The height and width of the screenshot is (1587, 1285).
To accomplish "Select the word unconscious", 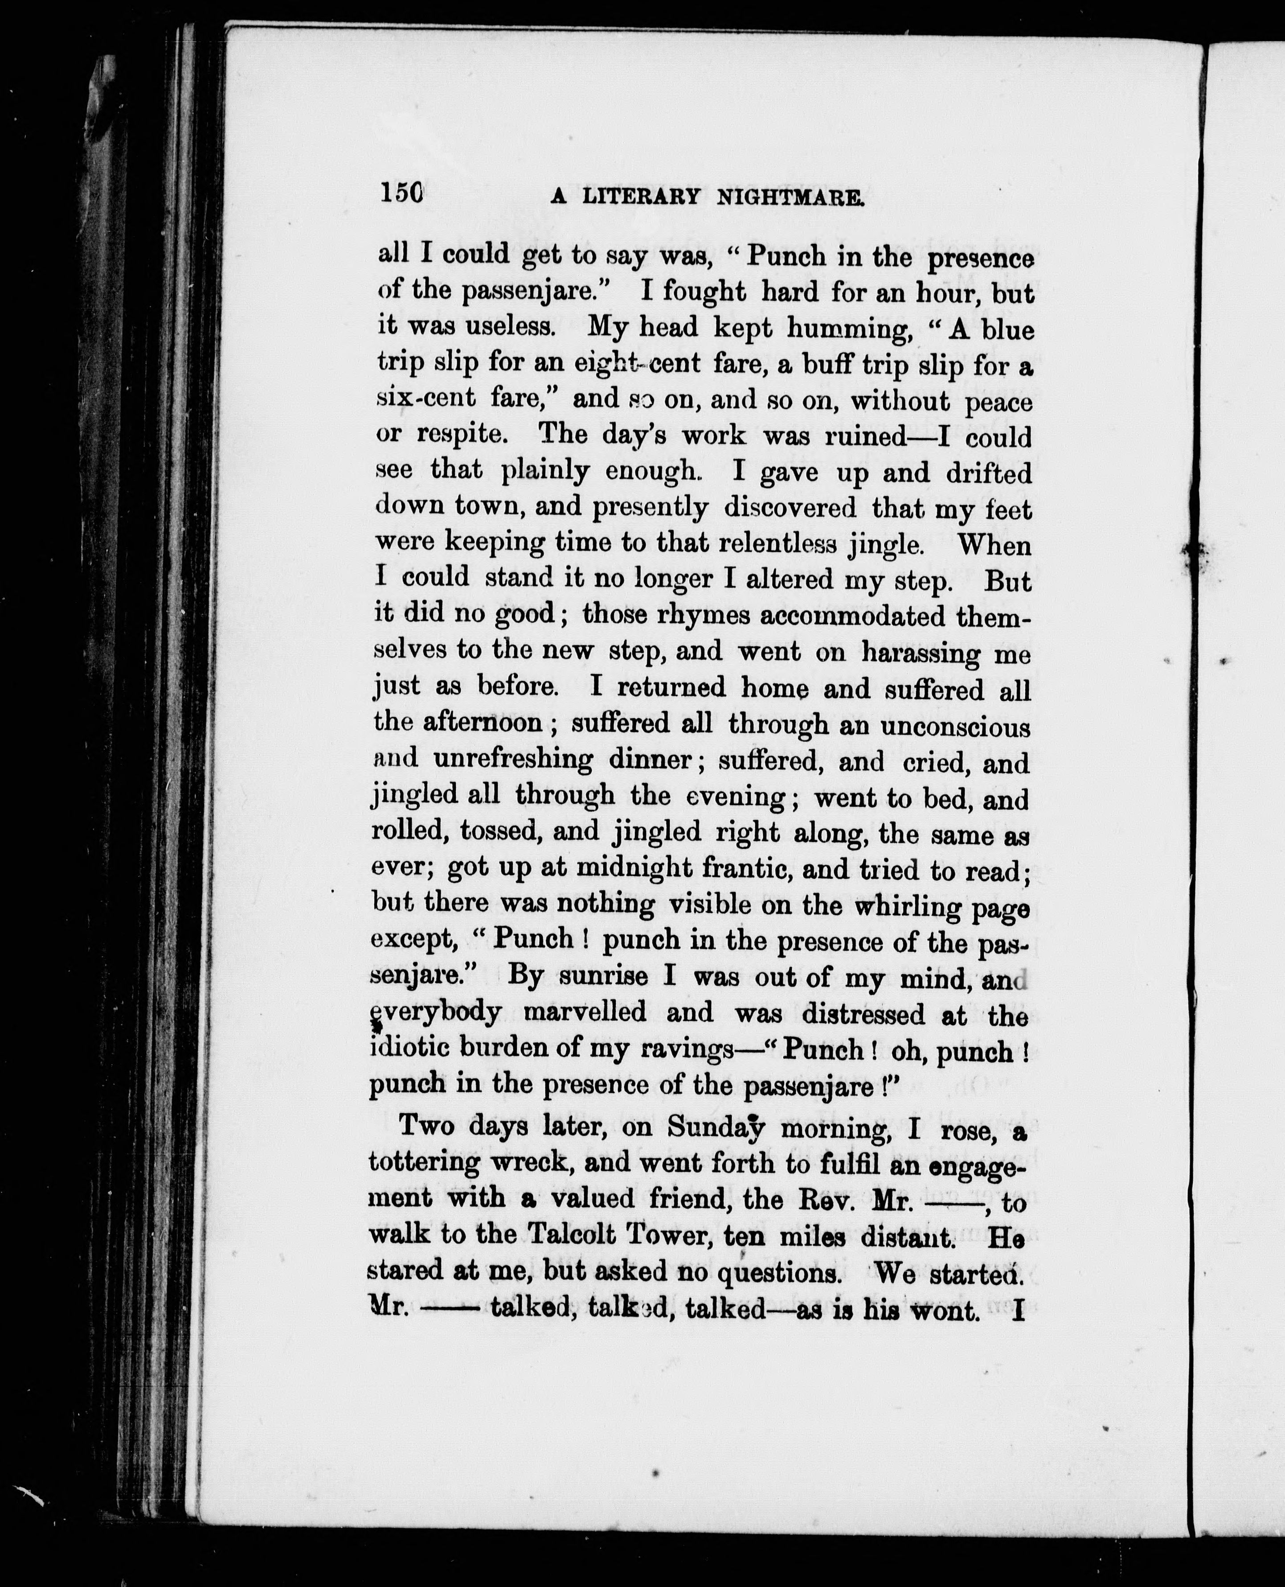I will pos(955,726).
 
